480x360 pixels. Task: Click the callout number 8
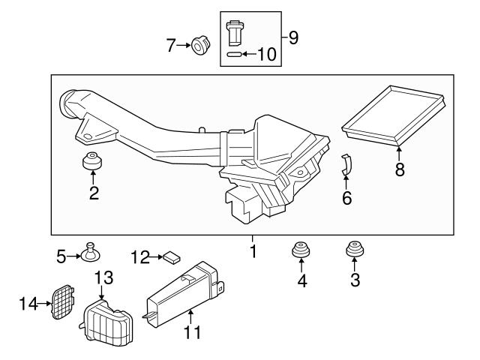[400, 169]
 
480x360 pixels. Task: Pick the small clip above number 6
[346, 164]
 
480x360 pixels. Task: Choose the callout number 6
[346, 199]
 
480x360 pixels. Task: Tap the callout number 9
[293, 37]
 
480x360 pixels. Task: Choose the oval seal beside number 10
[233, 55]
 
